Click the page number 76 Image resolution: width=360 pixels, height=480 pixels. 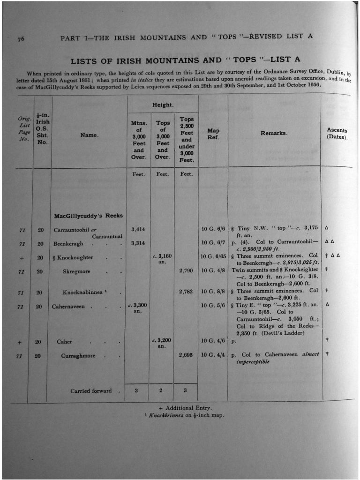coord(22,39)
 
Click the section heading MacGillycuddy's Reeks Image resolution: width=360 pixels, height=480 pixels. coord(89,216)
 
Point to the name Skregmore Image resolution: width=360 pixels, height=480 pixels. coord(76,271)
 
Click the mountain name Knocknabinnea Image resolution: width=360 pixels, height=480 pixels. coord(83,292)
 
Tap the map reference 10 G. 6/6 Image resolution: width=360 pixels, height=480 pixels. coord(213,229)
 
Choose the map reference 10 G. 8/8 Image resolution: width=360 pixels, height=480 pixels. coord(213,292)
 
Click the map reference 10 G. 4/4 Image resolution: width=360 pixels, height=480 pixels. coord(213,355)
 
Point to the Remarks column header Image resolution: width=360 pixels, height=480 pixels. coord(274,134)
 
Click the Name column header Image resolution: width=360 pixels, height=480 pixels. coord(90,135)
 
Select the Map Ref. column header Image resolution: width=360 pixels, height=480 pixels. coord(213,134)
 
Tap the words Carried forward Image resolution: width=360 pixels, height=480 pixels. coord(91,390)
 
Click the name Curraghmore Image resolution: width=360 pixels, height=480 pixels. coord(78,356)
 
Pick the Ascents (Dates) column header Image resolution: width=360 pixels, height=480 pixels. coord(337,134)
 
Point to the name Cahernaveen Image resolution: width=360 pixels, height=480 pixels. coord(68,307)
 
